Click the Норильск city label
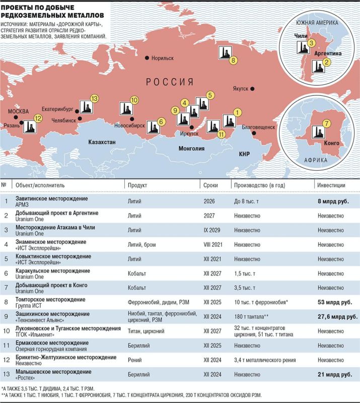point(162,58)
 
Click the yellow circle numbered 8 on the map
point(233,60)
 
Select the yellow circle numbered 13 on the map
point(94,98)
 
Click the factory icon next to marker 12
point(28,125)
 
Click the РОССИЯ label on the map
point(170,82)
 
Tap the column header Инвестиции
point(331,185)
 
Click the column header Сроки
point(210,185)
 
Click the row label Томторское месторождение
point(51,300)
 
